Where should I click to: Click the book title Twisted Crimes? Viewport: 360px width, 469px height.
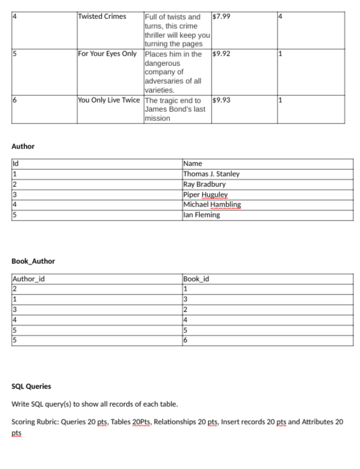[102, 16]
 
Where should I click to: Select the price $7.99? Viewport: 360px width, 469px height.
[220, 16]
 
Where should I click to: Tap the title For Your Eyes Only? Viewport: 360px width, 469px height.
[108, 54]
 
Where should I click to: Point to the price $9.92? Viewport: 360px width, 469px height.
[220, 54]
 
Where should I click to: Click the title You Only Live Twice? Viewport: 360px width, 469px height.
[109, 100]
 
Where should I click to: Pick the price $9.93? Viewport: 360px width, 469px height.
[220, 100]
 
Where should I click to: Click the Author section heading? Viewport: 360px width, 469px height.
[23, 147]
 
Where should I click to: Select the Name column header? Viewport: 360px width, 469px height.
[193, 164]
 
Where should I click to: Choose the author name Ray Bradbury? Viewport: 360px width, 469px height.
[204, 184]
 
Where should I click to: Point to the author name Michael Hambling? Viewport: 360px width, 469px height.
[211, 205]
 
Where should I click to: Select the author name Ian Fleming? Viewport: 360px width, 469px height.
[202, 215]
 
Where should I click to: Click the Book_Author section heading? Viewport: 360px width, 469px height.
[33, 261]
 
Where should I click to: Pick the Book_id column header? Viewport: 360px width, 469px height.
[196, 279]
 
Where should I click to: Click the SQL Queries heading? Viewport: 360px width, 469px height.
[32, 387]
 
